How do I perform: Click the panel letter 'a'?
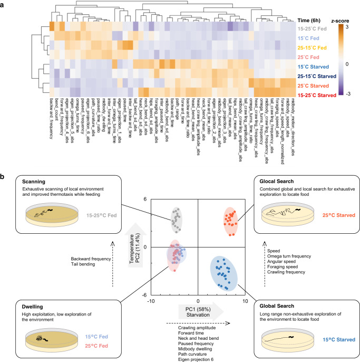[5, 4]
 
